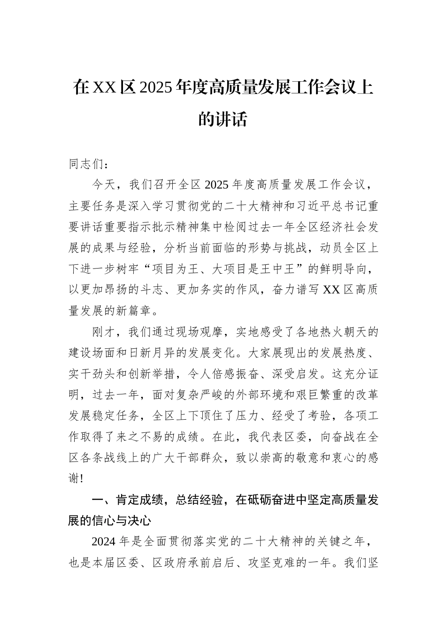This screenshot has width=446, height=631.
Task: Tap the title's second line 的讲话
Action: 223,119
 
